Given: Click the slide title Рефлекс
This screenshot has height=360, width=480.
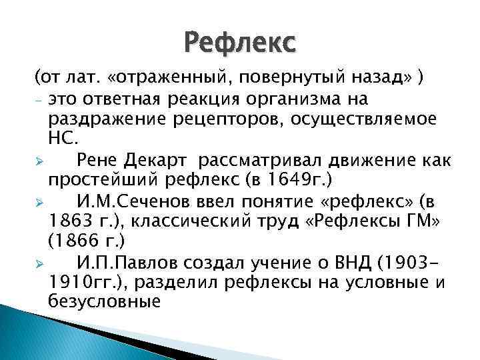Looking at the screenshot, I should pyautogui.click(x=239, y=45).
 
